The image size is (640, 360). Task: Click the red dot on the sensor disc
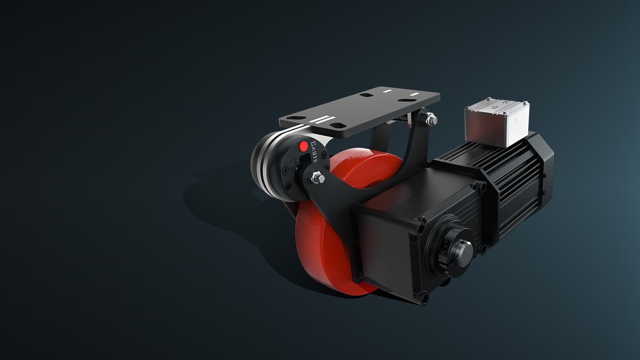click(x=304, y=146)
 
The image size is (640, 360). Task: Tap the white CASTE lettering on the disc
click(x=314, y=152)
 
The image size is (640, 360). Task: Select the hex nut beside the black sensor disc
click(x=317, y=178)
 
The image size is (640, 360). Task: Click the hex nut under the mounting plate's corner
click(x=430, y=119)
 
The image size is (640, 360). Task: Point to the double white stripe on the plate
click(x=321, y=120)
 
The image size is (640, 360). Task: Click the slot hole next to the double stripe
click(x=337, y=125)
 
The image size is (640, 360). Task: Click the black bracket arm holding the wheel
click(x=338, y=213)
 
